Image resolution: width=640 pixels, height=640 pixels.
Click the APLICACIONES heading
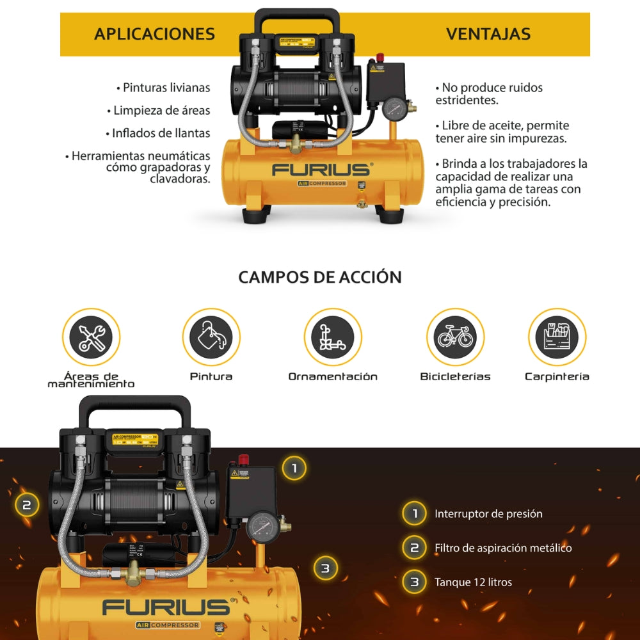(x=154, y=34)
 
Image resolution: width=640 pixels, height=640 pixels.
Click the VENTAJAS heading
(x=488, y=34)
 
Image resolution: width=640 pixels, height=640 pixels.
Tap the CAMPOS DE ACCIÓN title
(x=320, y=277)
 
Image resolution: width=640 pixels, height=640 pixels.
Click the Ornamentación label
(x=333, y=376)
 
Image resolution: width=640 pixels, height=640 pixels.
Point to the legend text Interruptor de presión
(x=488, y=513)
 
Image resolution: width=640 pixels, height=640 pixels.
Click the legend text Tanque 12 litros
(x=473, y=582)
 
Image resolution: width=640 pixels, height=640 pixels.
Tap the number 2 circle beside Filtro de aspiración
(x=414, y=548)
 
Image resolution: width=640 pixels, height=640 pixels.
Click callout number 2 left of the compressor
(x=26, y=505)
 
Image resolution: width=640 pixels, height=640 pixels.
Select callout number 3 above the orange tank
(x=325, y=568)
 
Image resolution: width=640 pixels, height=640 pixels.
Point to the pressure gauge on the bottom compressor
(x=262, y=527)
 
